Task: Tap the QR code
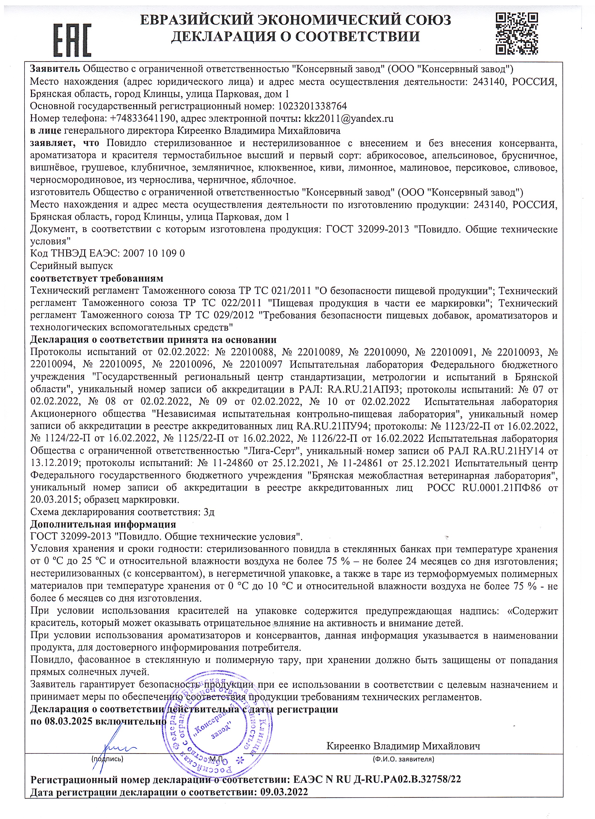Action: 517,33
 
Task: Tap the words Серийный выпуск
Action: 71,265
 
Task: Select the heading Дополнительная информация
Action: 103,524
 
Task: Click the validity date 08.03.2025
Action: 69,721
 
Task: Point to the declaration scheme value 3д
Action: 209,512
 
